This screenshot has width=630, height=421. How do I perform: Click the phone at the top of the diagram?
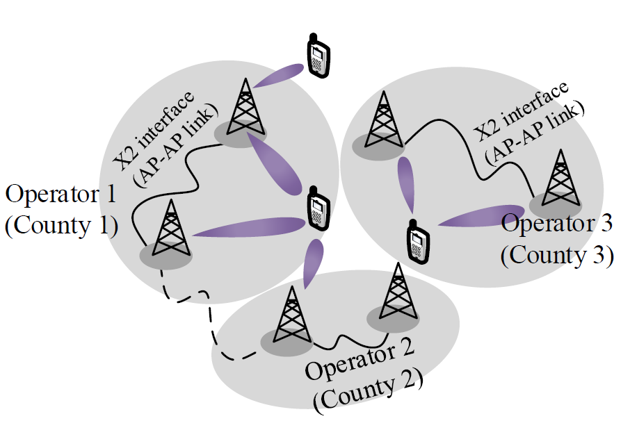coord(318,56)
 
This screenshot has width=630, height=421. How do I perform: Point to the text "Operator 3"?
coord(557,224)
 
